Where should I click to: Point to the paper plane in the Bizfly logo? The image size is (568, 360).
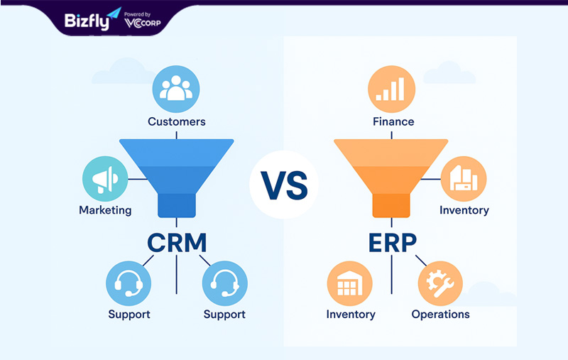[x=113, y=13]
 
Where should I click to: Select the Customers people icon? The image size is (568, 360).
[x=176, y=89]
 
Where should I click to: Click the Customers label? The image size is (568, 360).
[x=176, y=121]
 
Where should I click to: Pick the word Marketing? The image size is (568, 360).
[x=105, y=210]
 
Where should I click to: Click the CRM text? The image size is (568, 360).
[x=177, y=243]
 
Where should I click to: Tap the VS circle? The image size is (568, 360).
[x=283, y=185]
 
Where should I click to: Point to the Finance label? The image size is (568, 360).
[x=393, y=121]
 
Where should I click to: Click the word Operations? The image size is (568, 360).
[x=440, y=314]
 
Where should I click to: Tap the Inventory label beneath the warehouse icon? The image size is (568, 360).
[x=350, y=314]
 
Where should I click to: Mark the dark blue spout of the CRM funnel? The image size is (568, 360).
[x=176, y=204]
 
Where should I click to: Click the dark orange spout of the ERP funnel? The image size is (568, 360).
[x=391, y=204]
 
